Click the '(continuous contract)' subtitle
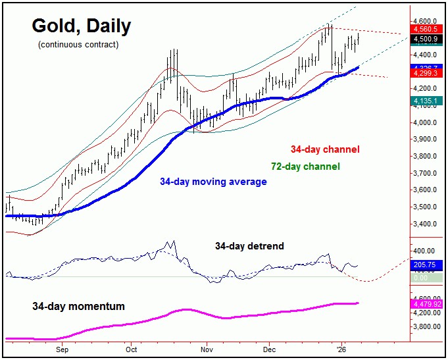[x=78, y=45]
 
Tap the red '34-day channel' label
[x=325, y=149]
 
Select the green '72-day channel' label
[x=305, y=167]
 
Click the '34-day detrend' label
[x=249, y=246]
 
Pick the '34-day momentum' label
[x=78, y=307]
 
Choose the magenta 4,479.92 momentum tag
[x=427, y=304]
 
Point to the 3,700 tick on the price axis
[x=426, y=173]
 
